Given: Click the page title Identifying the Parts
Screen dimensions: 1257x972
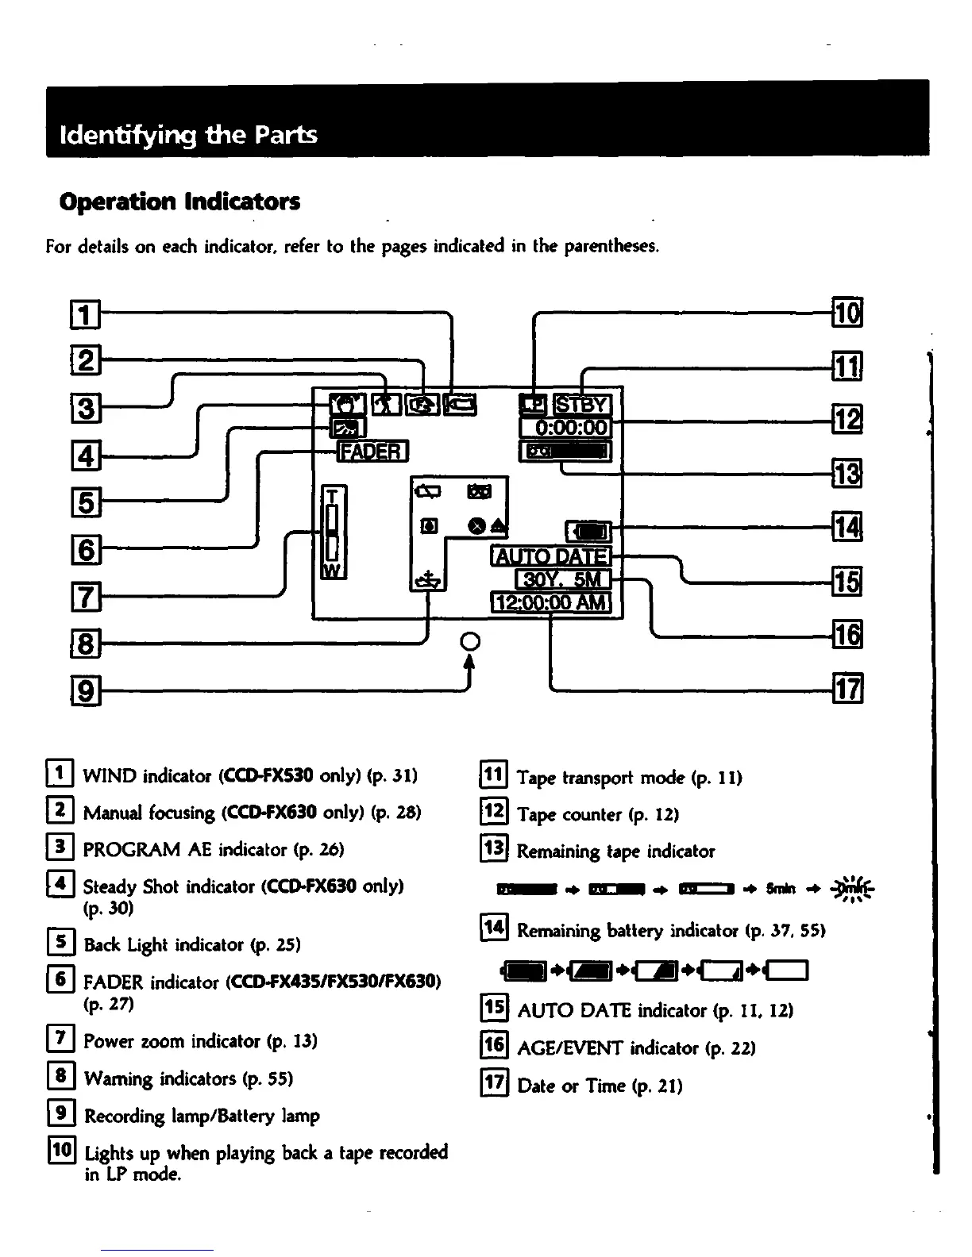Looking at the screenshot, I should pyautogui.click(x=188, y=135).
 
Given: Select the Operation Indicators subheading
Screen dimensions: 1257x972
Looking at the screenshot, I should pyautogui.click(x=179, y=202).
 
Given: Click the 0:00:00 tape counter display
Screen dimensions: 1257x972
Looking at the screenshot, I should pyautogui.click(x=565, y=429).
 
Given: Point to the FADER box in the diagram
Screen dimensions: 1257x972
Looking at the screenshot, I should pyautogui.click(x=372, y=452).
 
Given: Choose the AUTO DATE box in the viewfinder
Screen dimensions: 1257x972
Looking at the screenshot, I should pyautogui.click(x=552, y=557).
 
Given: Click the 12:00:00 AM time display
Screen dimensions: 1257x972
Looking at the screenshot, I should pyautogui.click(x=552, y=603).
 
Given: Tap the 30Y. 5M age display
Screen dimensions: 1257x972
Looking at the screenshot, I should pyautogui.click(x=562, y=580).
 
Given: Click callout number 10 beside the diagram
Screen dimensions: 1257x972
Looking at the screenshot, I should pyautogui.click(x=847, y=313).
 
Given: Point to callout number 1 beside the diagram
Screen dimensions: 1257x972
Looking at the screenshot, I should pyautogui.click(x=87, y=314).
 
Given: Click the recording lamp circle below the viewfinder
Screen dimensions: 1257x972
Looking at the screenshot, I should pyautogui.click(x=470, y=641).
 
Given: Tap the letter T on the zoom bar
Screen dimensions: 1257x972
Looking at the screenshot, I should pyautogui.click(x=333, y=497).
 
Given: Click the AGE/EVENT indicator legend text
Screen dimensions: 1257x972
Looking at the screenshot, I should pyautogui.click(x=635, y=1048).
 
